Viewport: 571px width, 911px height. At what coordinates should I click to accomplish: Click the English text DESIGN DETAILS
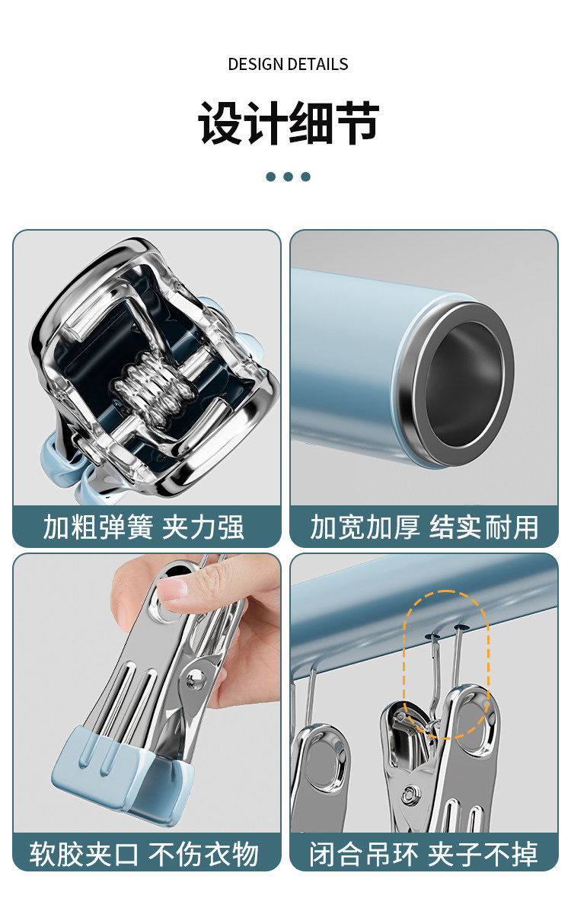click(288, 64)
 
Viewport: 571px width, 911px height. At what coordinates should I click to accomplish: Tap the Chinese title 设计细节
click(289, 123)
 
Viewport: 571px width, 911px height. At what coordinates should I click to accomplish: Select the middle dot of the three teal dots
click(288, 177)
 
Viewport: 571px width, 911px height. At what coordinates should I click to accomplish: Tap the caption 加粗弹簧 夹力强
click(144, 527)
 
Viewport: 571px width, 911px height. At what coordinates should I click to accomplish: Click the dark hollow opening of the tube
click(464, 384)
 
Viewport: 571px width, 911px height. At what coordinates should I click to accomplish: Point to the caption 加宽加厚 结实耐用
click(425, 527)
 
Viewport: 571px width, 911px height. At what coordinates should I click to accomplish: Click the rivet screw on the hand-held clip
click(194, 679)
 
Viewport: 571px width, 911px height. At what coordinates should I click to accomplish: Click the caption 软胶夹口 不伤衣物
click(144, 854)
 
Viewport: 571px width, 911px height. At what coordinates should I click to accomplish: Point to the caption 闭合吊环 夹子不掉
click(423, 854)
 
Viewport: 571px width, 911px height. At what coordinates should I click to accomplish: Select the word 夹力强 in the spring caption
click(203, 527)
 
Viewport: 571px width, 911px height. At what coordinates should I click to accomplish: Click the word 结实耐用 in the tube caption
click(483, 527)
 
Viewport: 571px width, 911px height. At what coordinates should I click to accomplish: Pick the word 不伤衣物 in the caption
click(203, 854)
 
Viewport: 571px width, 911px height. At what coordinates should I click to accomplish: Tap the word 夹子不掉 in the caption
click(483, 854)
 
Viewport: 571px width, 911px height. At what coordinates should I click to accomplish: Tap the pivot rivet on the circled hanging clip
click(411, 794)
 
